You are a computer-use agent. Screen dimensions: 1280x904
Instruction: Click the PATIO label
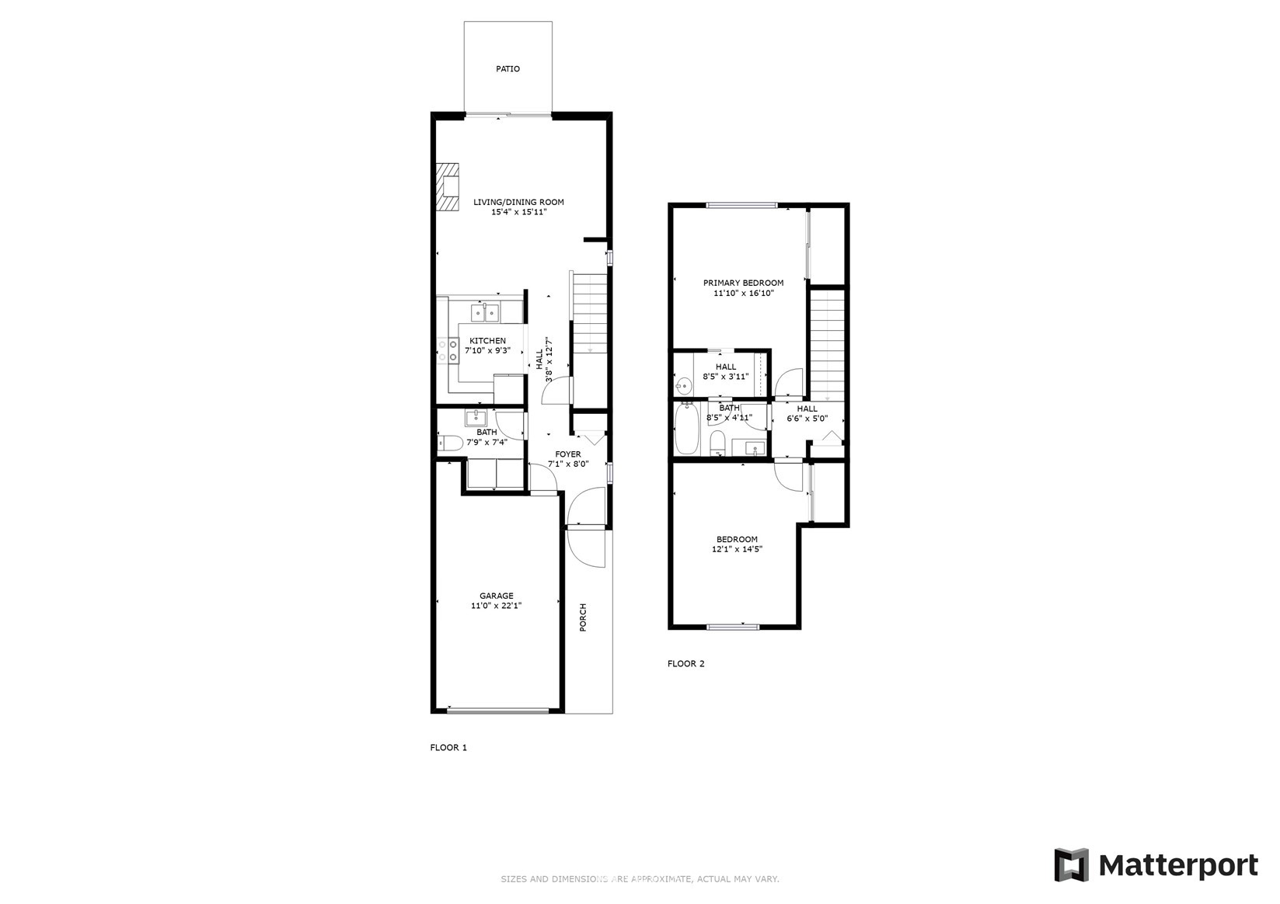(507, 69)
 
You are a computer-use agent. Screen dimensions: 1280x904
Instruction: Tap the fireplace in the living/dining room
(448, 186)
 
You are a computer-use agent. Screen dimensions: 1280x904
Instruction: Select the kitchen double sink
(485, 312)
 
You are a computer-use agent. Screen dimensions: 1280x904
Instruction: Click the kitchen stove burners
(448, 350)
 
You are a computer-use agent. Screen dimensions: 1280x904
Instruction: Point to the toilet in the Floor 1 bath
(450, 443)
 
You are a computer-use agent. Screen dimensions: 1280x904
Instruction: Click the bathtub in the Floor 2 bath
(686, 428)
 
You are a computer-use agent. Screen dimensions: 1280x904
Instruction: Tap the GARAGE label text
(496, 596)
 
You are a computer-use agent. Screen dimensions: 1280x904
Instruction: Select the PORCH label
(583, 617)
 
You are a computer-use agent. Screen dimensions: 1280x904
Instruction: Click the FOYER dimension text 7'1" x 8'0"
(568, 464)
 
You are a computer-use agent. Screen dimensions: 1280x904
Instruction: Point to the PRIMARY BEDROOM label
(743, 283)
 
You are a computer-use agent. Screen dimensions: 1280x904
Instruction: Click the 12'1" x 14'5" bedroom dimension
(737, 549)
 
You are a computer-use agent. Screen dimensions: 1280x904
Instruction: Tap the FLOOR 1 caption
(448, 748)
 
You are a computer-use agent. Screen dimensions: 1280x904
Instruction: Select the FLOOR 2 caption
(685, 663)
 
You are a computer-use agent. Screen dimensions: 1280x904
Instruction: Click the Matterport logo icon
(1071, 865)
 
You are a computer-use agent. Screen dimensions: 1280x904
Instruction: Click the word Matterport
(1178, 866)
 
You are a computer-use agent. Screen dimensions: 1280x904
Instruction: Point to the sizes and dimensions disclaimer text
(640, 879)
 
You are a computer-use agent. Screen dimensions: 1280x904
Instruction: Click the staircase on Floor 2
(827, 346)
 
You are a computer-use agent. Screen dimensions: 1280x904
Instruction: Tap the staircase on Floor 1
(590, 314)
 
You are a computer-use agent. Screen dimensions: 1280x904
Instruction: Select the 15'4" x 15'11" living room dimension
(519, 213)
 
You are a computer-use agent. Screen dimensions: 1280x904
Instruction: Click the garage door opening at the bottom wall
(497, 711)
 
